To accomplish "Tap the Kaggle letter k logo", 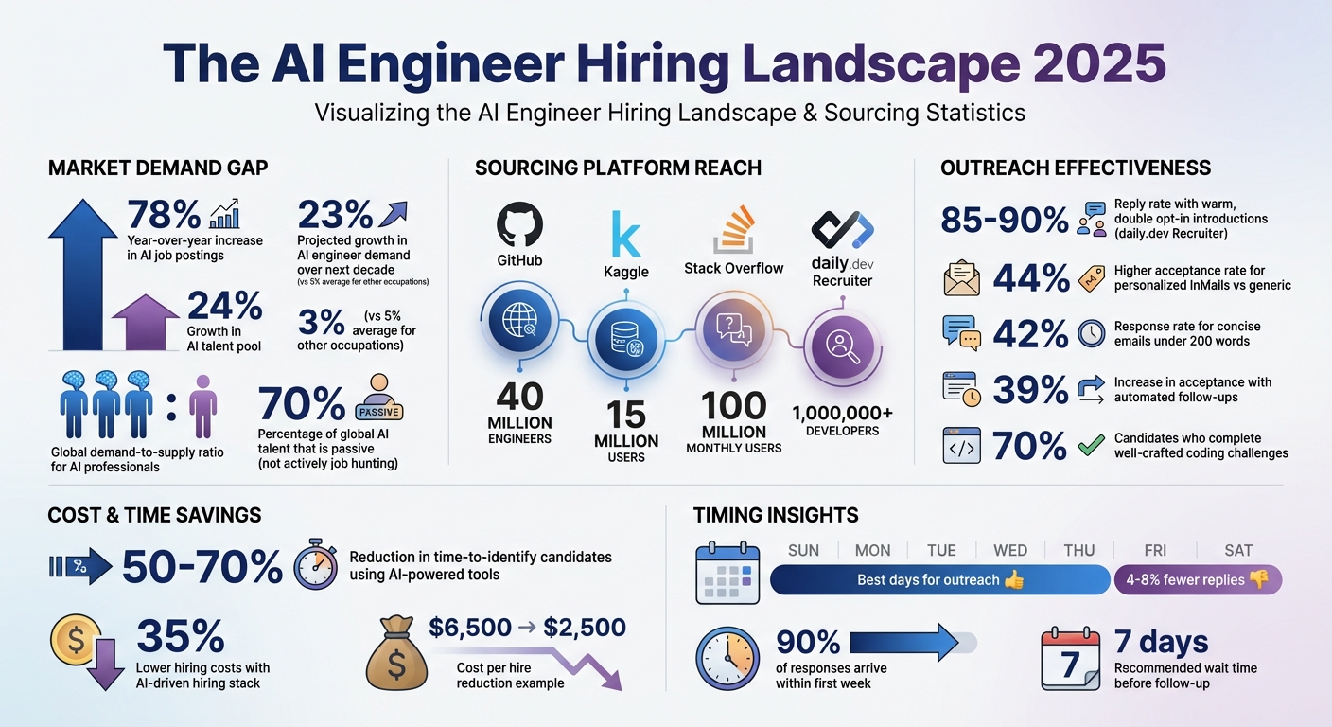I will click(x=625, y=234).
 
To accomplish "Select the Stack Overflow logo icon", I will click(x=733, y=227).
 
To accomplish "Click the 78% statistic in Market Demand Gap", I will click(x=163, y=214).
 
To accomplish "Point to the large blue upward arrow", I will click(x=82, y=274).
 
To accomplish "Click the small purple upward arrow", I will click(x=146, y=321).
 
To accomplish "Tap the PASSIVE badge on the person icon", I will click(x=379, y=412).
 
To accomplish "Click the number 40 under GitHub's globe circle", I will click(x=519, y=396).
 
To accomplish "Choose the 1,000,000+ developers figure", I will click(x=842, y=414).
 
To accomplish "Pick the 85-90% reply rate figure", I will click(x=1004, y=221).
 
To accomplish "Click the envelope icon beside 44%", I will click(x=962, y=279).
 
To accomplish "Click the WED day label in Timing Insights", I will click(x=1010, y=550).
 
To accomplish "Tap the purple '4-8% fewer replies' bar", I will click(x=1198, y=579).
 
